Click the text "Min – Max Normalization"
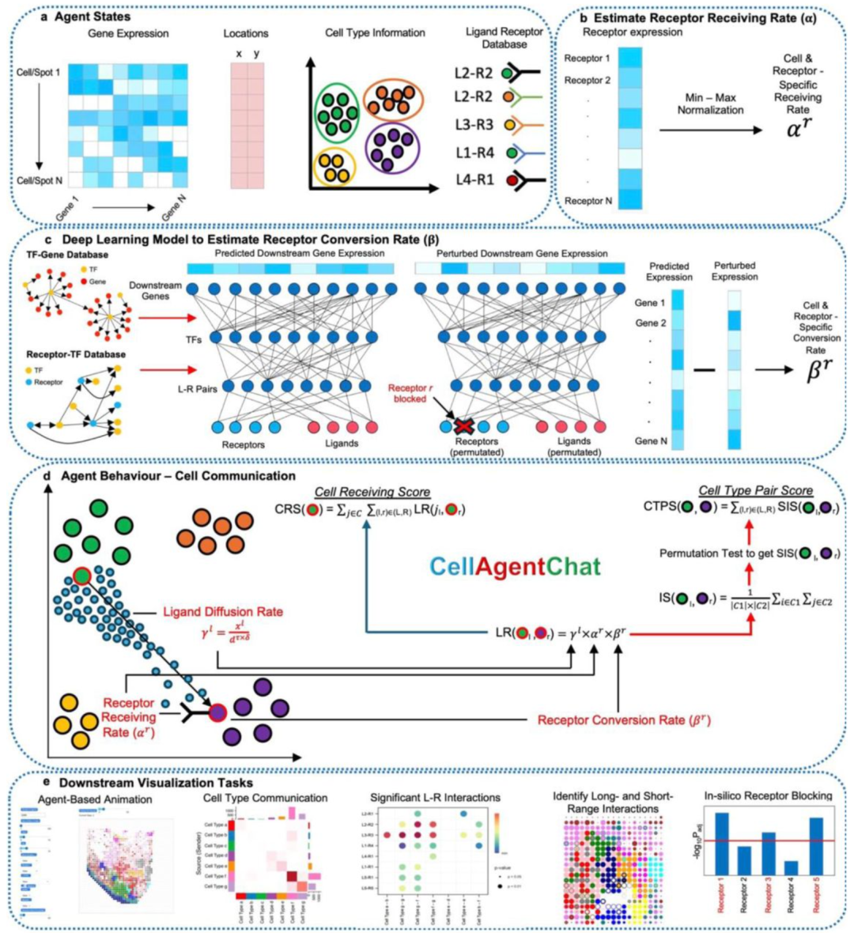pyautogui.click(x=710, y=104)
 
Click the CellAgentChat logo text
pyautogui.click(x=515, y=566)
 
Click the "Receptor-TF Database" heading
pyautogui.click(x=76, y=354)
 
